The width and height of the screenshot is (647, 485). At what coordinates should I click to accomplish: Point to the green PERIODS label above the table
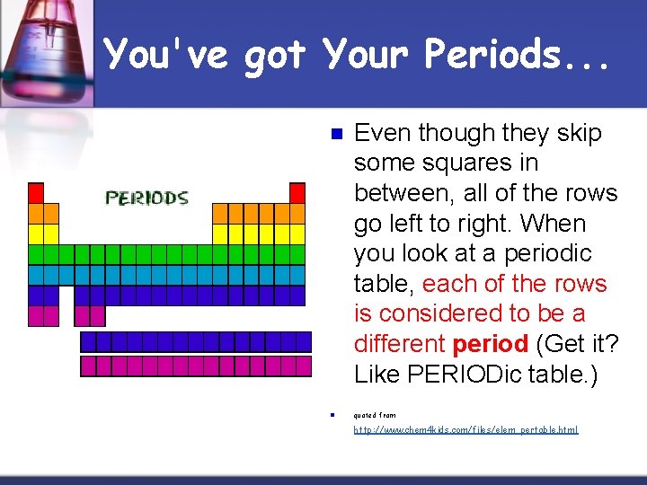(x=146, y=198)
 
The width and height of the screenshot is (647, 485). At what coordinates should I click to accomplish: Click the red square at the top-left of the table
(x=36, y=192)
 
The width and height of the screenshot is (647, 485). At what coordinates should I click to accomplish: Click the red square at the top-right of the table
(x=297, y=192)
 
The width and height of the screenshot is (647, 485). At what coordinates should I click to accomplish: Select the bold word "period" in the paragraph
(x=490, y=344)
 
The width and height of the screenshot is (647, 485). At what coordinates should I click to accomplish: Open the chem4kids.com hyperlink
(x=465, y=430)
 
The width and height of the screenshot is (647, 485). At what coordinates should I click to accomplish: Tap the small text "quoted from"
(x=375, y=415)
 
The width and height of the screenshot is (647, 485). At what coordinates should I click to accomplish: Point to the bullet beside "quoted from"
(x=332, y=415)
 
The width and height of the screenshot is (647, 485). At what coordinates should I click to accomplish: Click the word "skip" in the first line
(x=579, y=133)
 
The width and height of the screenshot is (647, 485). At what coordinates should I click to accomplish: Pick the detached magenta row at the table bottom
(x=195, y=366)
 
